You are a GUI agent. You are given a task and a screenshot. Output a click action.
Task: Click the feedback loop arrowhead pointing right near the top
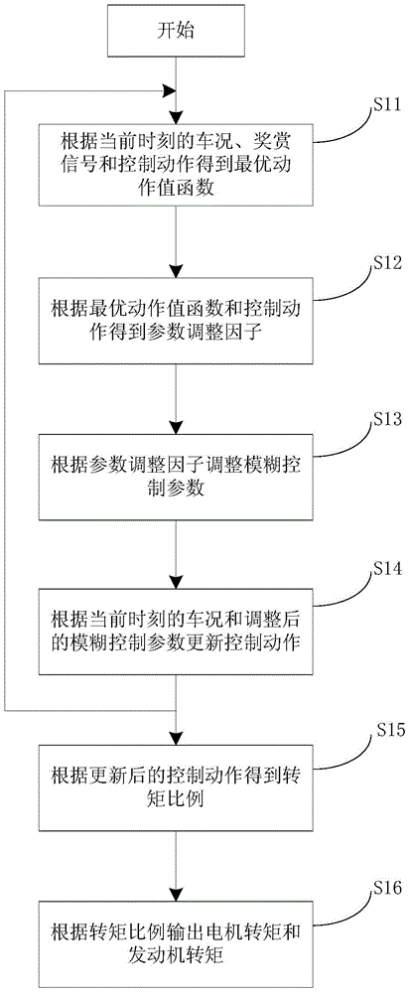169,91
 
